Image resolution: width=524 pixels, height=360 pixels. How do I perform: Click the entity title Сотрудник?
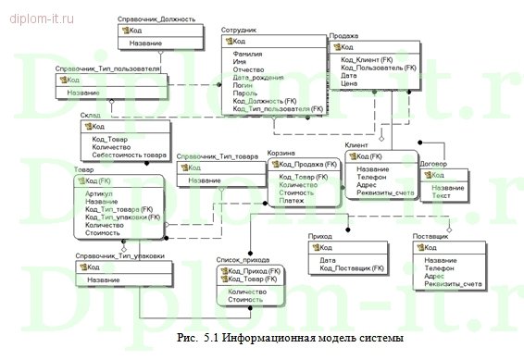[x=240, y=31]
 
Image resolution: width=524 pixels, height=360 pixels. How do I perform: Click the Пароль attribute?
[x=246, y=93]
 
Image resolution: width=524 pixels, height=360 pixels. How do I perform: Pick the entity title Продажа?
[x=344, y=35]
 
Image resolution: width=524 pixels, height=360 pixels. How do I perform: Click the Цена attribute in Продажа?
[x=349, y=82]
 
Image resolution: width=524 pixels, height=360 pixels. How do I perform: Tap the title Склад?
[x=91, y=116]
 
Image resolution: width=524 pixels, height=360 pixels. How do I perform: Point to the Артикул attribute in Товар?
[x=98, y=193]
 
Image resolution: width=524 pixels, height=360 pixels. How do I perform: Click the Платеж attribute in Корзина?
[x=292, y=200]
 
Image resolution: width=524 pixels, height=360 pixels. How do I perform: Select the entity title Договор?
[x=433, y=164]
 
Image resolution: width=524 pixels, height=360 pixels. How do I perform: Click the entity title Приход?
[x=320, y=238]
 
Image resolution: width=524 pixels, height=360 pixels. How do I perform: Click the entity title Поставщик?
[x=430, y=238]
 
